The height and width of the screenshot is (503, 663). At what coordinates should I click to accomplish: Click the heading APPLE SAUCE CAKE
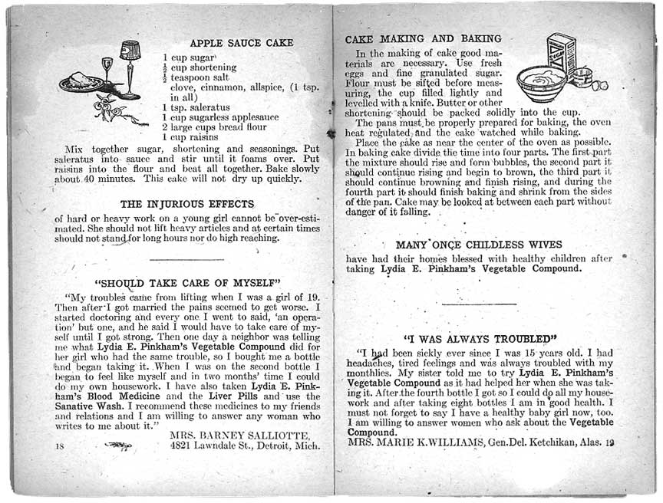(236, 43)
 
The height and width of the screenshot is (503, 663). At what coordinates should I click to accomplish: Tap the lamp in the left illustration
(130, 65)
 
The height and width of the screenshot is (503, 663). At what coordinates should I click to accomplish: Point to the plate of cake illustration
(81, 81)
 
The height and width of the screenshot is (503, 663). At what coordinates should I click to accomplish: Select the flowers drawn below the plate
(115, 112)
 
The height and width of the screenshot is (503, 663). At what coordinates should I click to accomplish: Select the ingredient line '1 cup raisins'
(190, 136)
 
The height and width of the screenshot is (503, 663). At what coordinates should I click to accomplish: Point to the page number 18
(60, 445)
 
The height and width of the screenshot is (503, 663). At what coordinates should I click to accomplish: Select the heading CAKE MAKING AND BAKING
(423, 38)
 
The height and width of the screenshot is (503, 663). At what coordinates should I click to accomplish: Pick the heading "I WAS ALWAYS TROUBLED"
(480, 338)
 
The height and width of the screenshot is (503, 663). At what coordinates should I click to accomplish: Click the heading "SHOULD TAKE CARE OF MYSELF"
(187, 281)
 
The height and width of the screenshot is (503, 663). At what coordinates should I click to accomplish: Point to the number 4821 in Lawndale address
(182, 445)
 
